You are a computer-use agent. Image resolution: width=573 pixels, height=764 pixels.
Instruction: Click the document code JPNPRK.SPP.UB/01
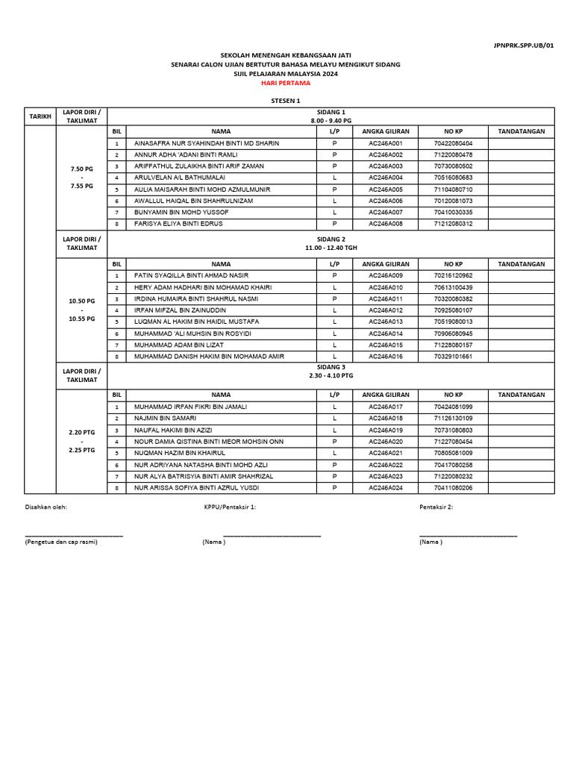(x=533, y=46)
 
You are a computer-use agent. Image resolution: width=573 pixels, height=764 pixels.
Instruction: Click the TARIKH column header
(x=40, y=117)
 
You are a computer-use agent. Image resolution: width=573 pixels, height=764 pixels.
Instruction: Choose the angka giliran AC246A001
(x=386, y=143)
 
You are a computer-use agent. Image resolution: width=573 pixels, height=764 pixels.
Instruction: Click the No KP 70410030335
(x=452, y=213)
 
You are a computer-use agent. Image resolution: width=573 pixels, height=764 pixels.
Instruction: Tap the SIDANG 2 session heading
(x=332, y=239)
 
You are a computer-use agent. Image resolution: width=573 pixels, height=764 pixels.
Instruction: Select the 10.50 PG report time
(x=81, y=301)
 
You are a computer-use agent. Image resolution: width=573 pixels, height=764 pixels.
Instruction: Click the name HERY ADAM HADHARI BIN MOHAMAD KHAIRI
(x=203, y=287)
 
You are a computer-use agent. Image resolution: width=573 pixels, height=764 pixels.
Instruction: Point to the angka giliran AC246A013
(x=386, y=322)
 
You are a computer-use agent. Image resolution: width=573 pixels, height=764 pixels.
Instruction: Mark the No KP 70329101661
(x=452, y=357)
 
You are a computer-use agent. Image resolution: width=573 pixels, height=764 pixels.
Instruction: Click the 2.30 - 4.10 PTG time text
(x=332, y=376)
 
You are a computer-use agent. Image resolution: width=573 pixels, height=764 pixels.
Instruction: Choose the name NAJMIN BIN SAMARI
(x=165, y=419)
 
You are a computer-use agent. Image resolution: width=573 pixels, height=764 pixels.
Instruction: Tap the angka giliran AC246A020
(x=386, y=442)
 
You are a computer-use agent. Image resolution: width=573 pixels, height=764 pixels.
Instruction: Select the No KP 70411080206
(x=452, y=488)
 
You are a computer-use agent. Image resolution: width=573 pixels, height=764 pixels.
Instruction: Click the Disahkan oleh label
(x=46, y=507)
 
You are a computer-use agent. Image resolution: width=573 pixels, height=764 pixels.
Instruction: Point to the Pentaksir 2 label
(x=436, y=507)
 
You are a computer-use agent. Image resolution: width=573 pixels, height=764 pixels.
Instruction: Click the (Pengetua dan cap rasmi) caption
(x=61, y=542)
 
